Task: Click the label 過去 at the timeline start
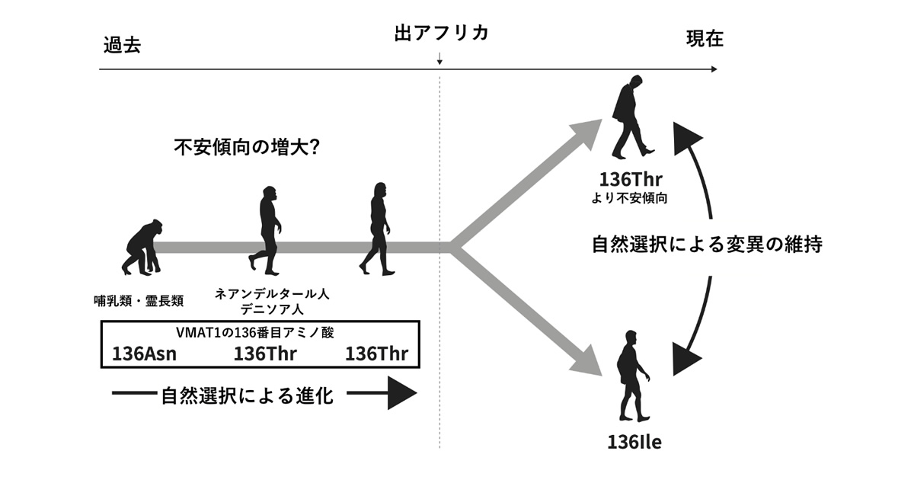pos(123,45)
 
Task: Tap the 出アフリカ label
pos(440,34)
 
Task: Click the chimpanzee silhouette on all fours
pos(142,246)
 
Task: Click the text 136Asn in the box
pos(145,354)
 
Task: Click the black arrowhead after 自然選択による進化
pos(401,395)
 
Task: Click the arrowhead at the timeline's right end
pos(712,69)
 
